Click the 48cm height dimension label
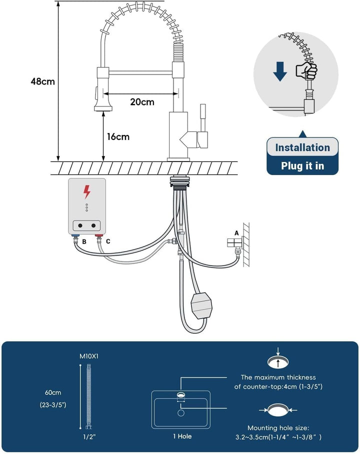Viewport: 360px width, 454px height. pyautogui.click(x=43, y=81)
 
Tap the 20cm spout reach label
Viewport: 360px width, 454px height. pyautogui.click(x=142, y=102)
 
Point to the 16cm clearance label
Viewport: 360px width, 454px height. pyautogui.click(x=118, y=136)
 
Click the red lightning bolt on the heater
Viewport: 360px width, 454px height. pyautogui.click(x=86, y=192)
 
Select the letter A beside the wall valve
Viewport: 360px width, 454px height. pyautogui.click(x=236, y=233)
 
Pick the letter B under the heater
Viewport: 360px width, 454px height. pyautogui.click(x=84, y=241)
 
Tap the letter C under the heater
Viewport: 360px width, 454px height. pyautogui.click(x=108, y=241)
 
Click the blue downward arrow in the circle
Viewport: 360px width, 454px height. pyautogui.click(x=280, y=71)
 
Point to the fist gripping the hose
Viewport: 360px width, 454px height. pyautogui.click(x=306, y=70)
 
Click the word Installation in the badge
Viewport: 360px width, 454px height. pyautogui.click(x=302, y=147)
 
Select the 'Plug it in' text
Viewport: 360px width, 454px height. pyautogui.click(x=302, y=166)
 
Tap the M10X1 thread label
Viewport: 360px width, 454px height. pyautogui.click(x=89, y=356)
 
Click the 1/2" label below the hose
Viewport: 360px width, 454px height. pyautogui.click(x=89, y=436)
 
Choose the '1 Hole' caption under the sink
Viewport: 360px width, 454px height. pyautogui.click(x=182, y=436)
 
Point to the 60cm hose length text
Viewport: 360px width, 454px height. pyautogui.click(x=53, y=392)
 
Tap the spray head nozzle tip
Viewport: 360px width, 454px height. pyautogui.click(x=103, y=109)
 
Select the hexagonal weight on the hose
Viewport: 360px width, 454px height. pyautogui.click(x=201, y=305)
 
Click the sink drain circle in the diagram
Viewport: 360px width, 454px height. pyautogui.click(x=181, y=412)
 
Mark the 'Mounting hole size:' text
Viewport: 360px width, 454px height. pyautogui.click(x=278, y=427)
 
